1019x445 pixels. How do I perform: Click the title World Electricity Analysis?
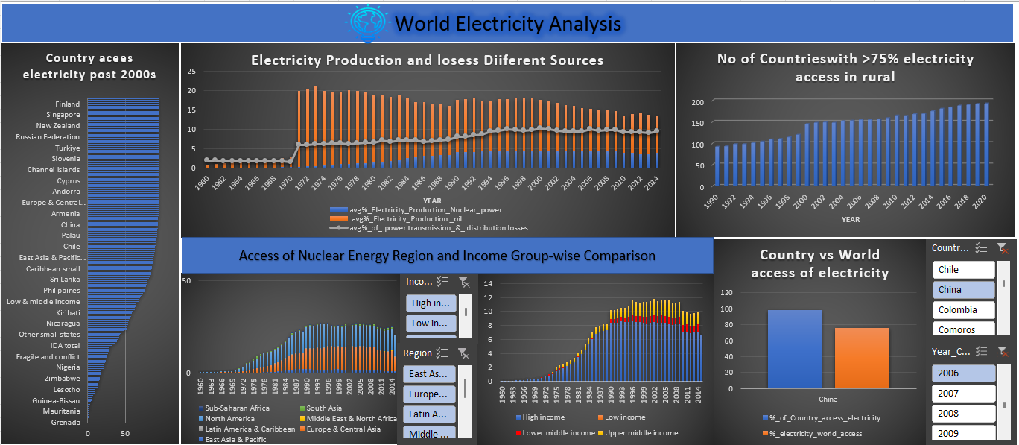pyautogui.click(x=508, y=24)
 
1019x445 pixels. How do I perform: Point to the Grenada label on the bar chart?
pyautogui.click(x=66, y=423)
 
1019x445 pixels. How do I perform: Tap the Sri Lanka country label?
pyautogui.click(x=65, y=280)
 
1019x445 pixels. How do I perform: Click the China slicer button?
pyautogui.click(x=963, y=290)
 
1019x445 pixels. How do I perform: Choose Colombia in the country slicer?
pyautogui.click(x=963, y=310)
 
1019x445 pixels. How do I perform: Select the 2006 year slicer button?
pyautogui.click(x=963, y=373)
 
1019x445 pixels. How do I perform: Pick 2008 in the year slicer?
pyautogui.click(x=963, y=414)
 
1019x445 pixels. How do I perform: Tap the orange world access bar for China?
pyautogui.click(x=861, y=358)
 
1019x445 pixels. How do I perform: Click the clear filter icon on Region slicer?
pyautogui.click(x=463, y=353)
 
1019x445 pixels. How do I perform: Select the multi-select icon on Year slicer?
pyautogui.click(x=981, y=351)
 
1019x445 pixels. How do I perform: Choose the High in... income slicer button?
pyautogui.click(x=431, y=303)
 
